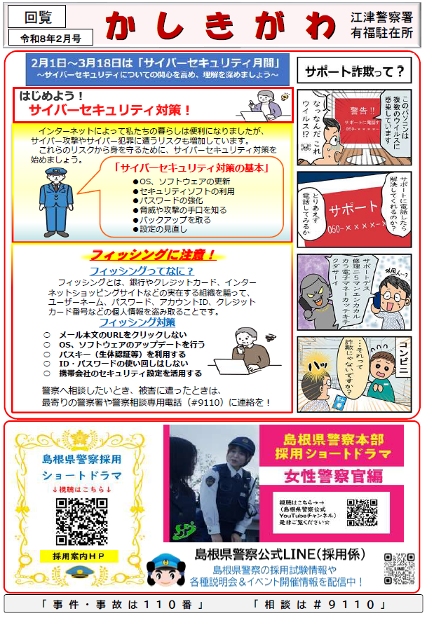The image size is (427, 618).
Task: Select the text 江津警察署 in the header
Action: click(x=382, y=18)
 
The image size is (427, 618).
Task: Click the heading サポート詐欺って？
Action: click(x=354, y=71)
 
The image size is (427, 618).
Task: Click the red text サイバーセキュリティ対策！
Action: click(x=109, y=110)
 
